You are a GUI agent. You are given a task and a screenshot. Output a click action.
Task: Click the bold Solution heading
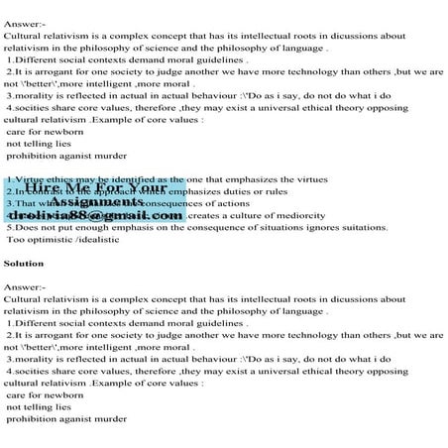(24, 265)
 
